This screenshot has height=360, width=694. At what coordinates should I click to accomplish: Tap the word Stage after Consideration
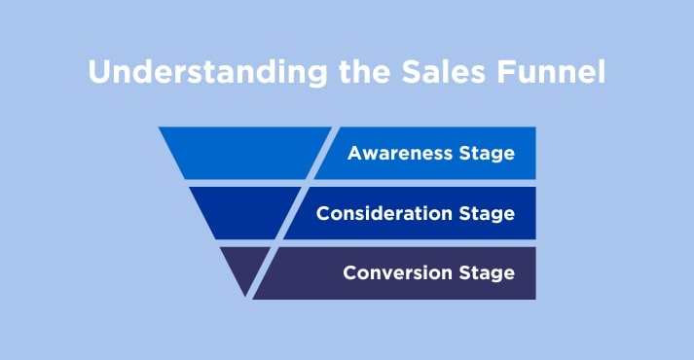[490, 214]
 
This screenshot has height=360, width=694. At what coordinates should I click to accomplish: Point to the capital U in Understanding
[97, 72]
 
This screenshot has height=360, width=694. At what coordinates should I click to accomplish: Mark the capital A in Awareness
[354, 153]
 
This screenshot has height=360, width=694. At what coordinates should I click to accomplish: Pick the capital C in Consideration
[323, 213]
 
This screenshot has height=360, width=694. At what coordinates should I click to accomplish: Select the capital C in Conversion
[349, 272]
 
